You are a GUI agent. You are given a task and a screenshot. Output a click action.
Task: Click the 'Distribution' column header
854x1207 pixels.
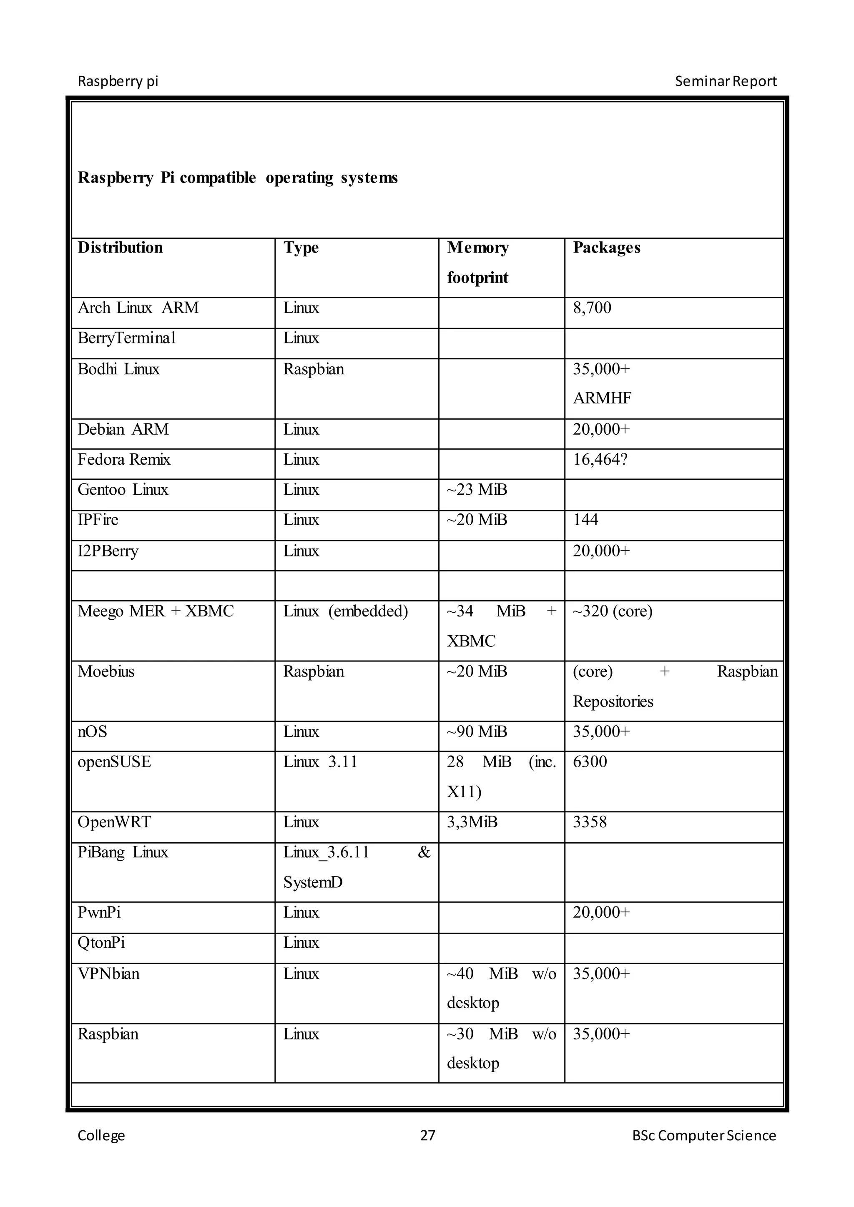(120, 248)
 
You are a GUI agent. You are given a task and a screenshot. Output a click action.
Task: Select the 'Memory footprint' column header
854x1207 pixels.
(477, 262)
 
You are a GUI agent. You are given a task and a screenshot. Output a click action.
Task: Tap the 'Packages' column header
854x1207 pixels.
(606, 248)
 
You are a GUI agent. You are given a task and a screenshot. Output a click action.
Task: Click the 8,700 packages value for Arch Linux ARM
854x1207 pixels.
(592, 308)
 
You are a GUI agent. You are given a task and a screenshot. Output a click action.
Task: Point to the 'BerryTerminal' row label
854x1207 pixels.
(126, 338)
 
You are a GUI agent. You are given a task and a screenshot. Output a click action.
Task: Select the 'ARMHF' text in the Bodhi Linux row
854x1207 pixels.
(602, 398)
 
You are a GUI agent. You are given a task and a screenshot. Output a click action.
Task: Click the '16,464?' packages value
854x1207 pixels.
(600, 459)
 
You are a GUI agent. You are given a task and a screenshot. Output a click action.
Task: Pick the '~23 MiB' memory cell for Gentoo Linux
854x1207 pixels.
(477, 489)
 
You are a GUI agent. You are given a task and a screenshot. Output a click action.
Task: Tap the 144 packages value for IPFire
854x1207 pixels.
(585, 519)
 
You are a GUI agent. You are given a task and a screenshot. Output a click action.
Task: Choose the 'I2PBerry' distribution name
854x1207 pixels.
(108, 551)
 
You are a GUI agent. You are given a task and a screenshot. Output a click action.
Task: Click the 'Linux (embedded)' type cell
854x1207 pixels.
(346, 611)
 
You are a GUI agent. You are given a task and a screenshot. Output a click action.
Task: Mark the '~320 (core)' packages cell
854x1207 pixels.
(612, 611)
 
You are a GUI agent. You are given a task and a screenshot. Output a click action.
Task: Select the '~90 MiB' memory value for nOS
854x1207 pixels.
(477, 731)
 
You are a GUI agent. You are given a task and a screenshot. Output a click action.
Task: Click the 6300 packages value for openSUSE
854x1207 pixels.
(590, 762)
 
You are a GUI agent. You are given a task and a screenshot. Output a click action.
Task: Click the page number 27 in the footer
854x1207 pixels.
(427, 1135)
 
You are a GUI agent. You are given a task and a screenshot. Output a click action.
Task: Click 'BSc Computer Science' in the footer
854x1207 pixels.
(703, 1135)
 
